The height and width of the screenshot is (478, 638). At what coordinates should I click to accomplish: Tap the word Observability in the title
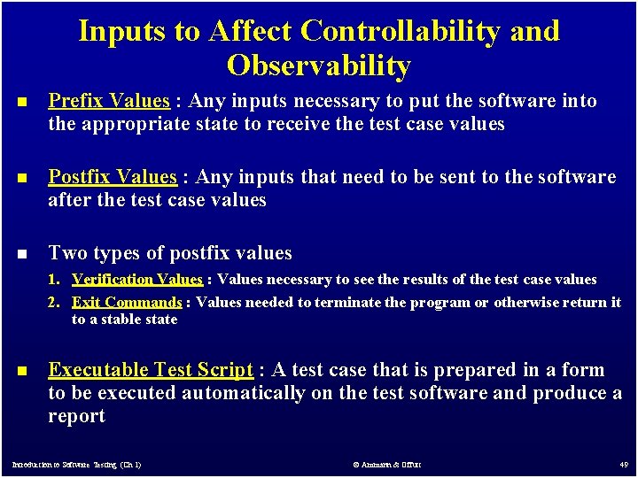[x=318, y=66]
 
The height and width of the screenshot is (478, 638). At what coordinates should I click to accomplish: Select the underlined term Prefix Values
[x=108, y=101]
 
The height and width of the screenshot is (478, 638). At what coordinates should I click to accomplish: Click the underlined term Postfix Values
[x=113, y=177]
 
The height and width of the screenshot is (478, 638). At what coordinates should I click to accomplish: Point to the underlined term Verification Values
[x=137, y=280]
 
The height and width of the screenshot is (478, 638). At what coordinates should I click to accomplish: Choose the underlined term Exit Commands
[x=127, y=302]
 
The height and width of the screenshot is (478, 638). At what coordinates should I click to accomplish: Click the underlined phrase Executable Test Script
[x=151, y=370]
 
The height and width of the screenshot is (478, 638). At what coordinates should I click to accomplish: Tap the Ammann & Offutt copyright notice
[x=387, y=464]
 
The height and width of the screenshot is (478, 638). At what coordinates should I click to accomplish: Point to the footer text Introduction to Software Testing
[x=75, y=464]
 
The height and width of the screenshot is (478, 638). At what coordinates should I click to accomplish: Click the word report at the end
[x=76, y=416]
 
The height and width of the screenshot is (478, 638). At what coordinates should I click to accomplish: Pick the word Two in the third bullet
[x=66, y=253]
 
